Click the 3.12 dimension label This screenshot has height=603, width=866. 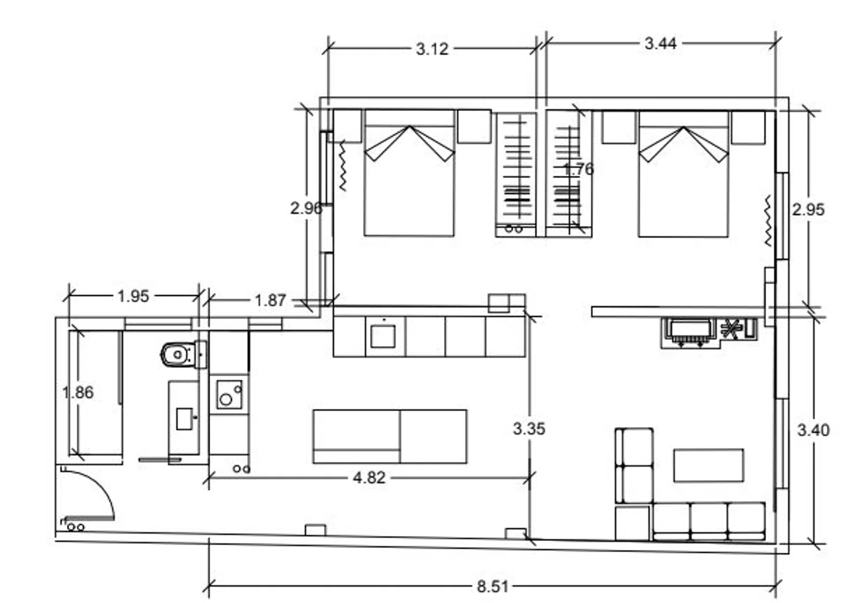click(432, 49)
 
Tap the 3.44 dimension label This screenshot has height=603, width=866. click(660, 43)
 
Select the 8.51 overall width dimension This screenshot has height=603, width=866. click(492, 586)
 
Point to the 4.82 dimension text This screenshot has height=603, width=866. click(369, 478)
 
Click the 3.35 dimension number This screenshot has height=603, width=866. click(529, 428)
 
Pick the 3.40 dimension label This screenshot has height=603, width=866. click(813, 430)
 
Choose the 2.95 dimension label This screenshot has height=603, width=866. click(808, 210)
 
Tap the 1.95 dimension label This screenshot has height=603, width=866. click(133, 296)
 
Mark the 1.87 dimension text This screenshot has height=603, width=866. click(270, 300)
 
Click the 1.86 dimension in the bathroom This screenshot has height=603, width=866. click(78, 392)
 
